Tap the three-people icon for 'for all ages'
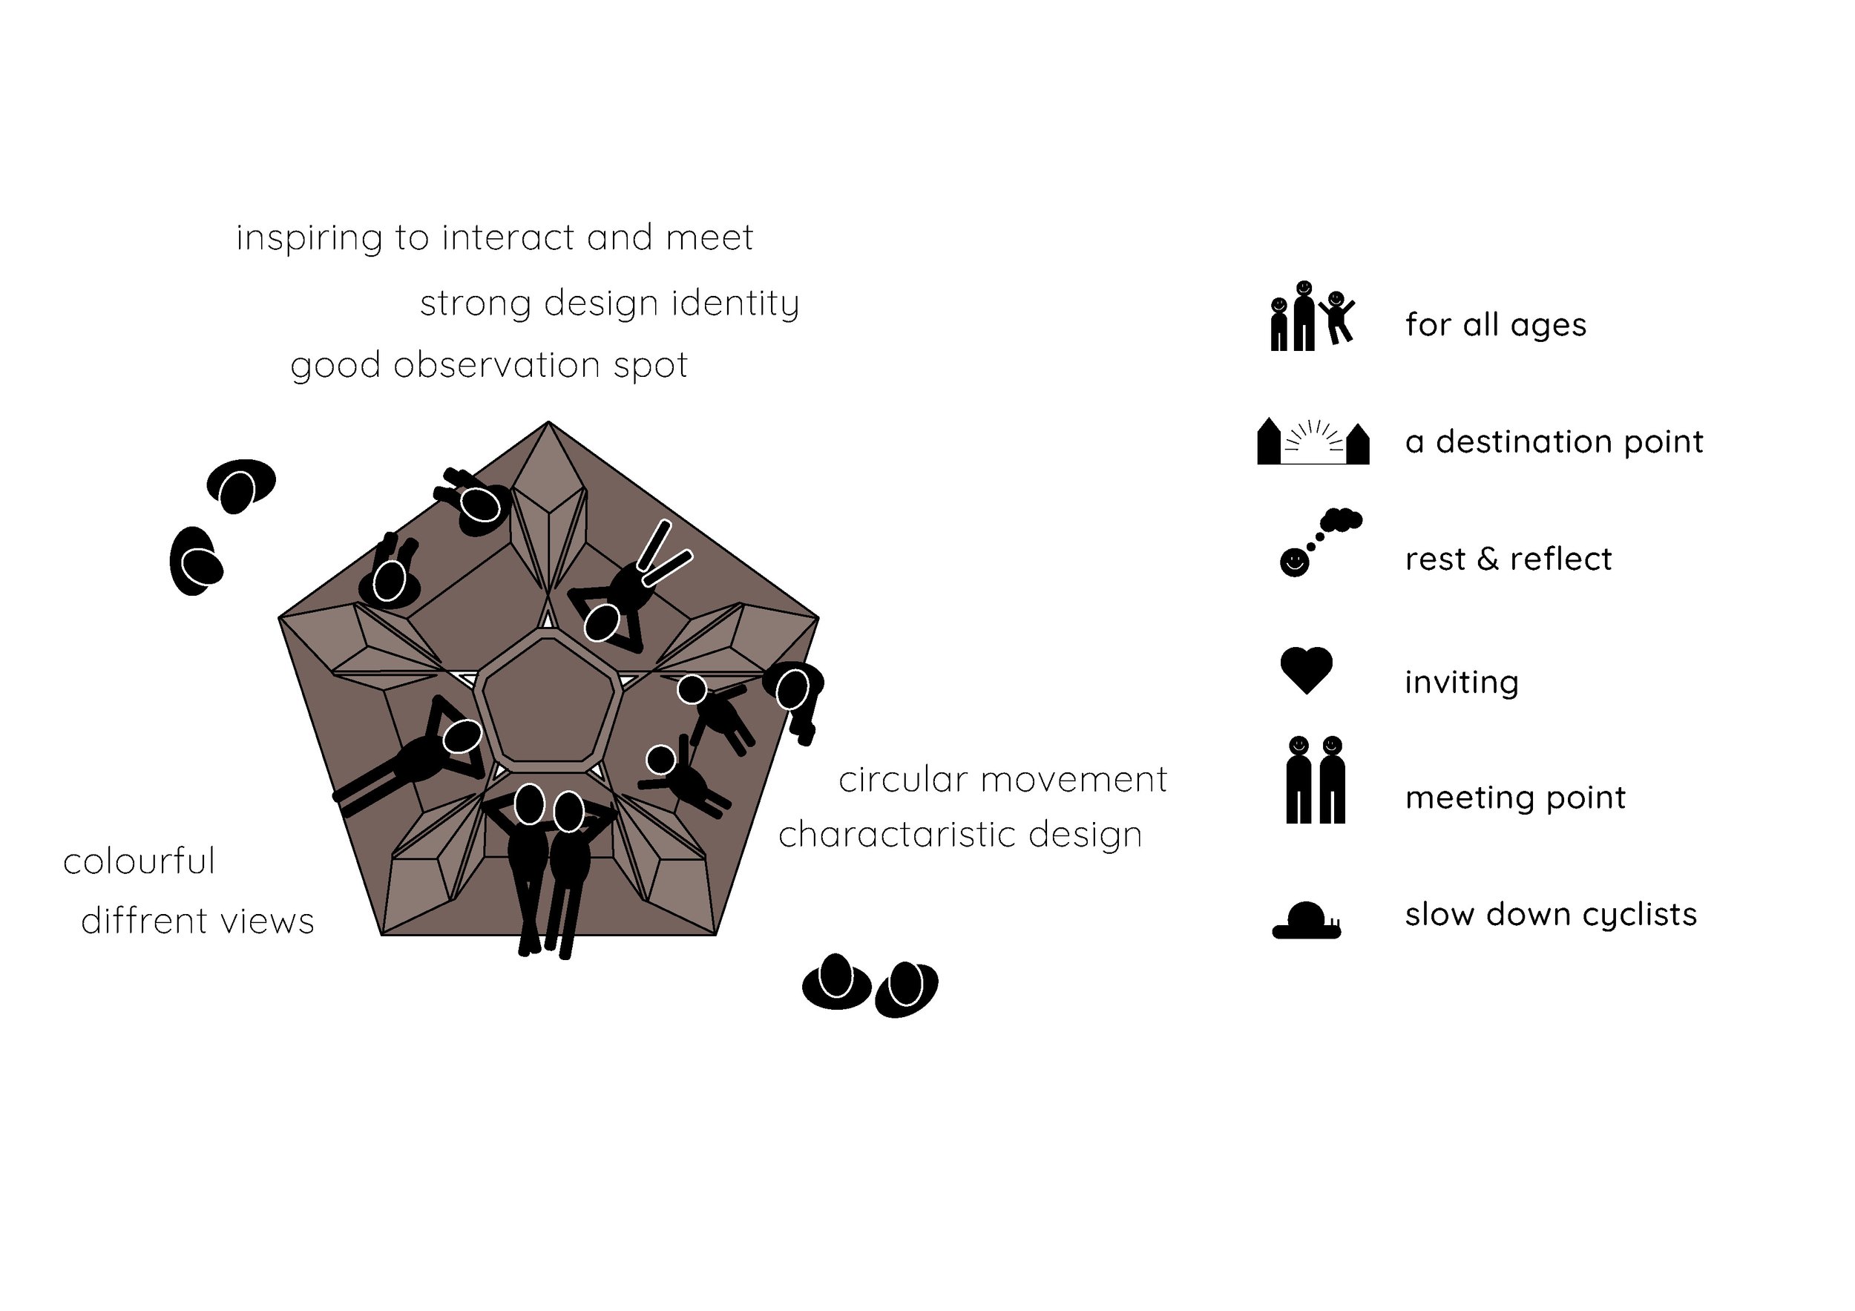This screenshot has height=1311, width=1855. tap(1311, 317)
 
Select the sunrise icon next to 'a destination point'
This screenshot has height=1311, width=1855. tap(1313, 443)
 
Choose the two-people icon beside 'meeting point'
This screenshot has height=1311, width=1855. tap(1316, 780)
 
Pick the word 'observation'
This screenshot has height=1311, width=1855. tap(497, 365)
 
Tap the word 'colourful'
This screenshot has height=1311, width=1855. tap(139, 861)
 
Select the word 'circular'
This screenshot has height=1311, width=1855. tap(902, 781)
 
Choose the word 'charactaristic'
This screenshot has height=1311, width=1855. tap(889, 835)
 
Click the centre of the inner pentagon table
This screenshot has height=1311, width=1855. tap(548, 700)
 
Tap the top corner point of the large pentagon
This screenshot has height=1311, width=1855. tap(548, 422)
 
